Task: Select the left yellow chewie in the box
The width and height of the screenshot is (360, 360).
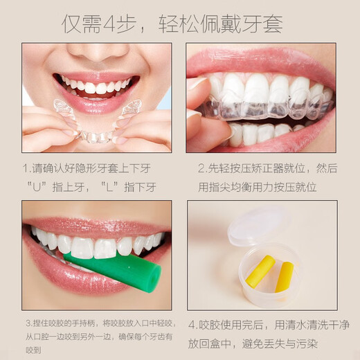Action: point(260,271)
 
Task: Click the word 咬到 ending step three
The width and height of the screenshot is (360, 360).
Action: point(33,350)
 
